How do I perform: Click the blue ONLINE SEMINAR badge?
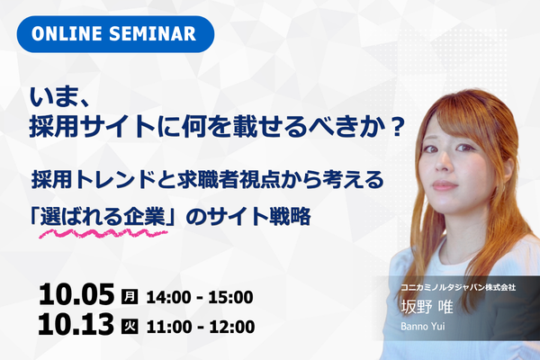115,34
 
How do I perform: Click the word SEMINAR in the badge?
153,34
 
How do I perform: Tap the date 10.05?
76,294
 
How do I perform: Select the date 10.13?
76,324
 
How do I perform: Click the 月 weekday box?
130,296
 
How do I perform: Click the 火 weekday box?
130,326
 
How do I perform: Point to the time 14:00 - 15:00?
200,297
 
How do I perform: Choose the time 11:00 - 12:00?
201,327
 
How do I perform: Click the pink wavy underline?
103,234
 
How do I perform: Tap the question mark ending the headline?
397,126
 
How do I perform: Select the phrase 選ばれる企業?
103,217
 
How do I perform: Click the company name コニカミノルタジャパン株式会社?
458,287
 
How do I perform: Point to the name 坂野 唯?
427,307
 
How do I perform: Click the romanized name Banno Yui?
423,326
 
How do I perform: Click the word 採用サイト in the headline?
93,126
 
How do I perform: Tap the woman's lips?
444,185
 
